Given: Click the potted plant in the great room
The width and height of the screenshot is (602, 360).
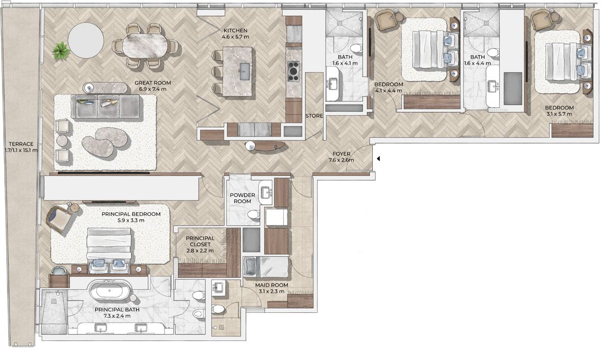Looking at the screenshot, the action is pos(61,51).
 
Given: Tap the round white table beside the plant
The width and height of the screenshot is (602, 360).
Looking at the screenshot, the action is pos(86,40).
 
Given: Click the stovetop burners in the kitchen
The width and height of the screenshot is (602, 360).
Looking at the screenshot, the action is pos(294,71).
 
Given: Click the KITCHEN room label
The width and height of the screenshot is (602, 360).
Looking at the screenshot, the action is pos(236,30).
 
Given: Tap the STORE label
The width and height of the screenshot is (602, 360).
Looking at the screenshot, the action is pos(314,115).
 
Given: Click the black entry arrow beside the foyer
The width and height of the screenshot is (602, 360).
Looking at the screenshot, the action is pos(378,158).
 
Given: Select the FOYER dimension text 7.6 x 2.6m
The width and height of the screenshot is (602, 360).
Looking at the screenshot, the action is pos(342,160).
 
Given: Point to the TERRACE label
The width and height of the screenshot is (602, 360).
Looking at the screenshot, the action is pos(22,144).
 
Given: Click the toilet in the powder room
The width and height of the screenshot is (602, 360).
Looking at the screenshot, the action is pos(253,215).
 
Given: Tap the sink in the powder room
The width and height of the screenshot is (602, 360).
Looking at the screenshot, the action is pos(266,191).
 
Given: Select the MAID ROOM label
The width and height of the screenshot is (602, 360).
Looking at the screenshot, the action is pos(272,285).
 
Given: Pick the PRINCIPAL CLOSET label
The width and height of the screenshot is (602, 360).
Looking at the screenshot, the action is pos(200,241).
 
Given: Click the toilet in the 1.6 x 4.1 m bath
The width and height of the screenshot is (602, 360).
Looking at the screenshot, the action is pos(355,49).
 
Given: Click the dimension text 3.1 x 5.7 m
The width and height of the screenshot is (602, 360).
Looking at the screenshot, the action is pos(559,114).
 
